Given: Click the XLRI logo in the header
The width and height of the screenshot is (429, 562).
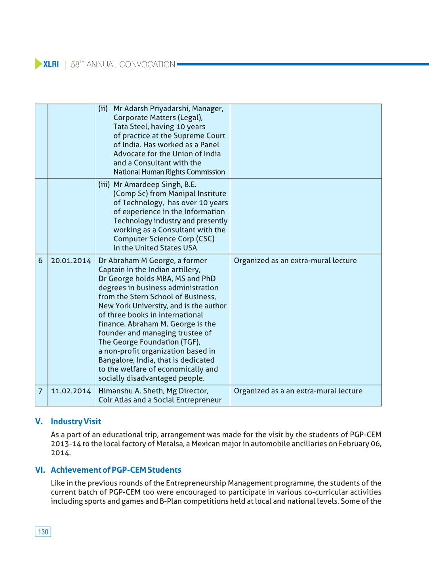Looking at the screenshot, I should click(47, 64).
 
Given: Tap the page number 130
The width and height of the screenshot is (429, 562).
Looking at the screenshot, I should click(43, 532).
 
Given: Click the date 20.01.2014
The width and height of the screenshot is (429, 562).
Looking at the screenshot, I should click(71, 261).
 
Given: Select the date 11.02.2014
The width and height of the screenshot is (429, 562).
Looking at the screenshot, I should click(71, 391).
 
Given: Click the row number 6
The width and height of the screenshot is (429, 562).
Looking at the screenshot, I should click(40, 261).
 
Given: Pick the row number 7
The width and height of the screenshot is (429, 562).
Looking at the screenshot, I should click(40, 391).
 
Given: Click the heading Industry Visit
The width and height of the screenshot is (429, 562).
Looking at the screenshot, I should click(76, 421).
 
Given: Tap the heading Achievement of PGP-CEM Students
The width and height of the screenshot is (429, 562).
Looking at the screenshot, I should click(116, 470).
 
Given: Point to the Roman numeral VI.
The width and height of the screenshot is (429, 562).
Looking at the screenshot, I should click(40, 470).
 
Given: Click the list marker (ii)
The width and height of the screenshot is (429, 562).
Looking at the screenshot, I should click(103, 109).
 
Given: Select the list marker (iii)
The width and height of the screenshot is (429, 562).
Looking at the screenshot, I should click(104, 185).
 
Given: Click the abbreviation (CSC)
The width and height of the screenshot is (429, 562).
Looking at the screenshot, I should click(205, 239).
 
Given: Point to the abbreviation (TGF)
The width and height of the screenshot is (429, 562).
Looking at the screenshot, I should click(191, 342).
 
